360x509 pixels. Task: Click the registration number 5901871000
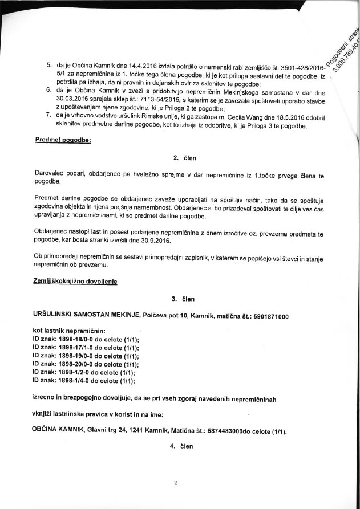pos(268,316)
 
